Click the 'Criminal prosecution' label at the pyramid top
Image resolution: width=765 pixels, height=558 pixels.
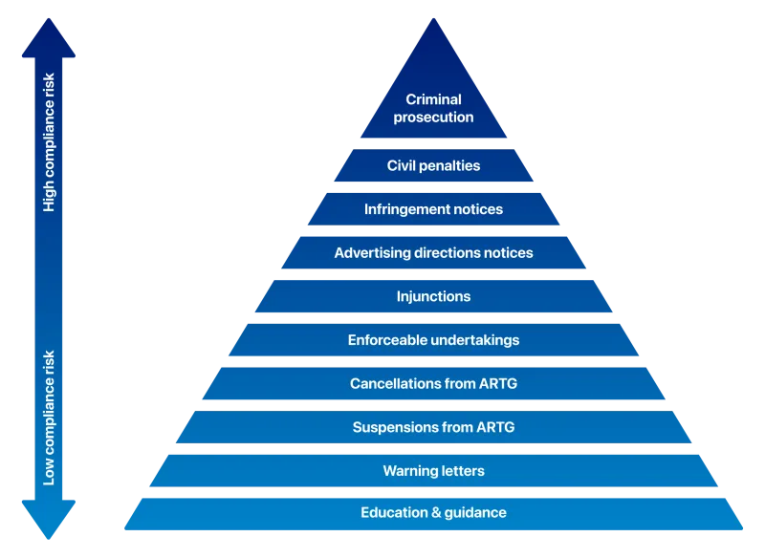(433, 108)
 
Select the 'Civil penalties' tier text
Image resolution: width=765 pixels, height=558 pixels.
(433, 166)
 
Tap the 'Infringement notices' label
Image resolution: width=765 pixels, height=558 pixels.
(433, 209)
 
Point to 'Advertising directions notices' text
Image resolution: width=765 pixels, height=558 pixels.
(433, 253)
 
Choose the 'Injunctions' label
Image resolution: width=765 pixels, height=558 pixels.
(433, 296)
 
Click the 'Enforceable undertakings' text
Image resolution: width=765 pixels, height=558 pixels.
(433, 340)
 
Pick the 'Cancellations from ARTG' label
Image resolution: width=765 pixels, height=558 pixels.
(433, 384)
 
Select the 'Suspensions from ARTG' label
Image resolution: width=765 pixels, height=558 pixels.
(433, 427)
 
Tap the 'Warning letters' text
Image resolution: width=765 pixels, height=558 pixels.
(433, 471)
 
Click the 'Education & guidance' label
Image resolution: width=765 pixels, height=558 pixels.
(433, 513)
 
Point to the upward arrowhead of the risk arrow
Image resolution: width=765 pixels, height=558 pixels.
(46, 38)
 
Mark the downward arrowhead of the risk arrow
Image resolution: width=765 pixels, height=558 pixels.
(46, 521)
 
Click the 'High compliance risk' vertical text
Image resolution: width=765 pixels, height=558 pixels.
(50, 143)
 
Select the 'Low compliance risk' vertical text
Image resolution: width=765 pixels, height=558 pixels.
(50, 418)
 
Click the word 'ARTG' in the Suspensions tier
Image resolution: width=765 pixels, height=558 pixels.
(494, 427)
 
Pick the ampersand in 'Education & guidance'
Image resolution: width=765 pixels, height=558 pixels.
(436, 513)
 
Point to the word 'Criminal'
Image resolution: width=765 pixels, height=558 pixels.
(433, 99)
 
